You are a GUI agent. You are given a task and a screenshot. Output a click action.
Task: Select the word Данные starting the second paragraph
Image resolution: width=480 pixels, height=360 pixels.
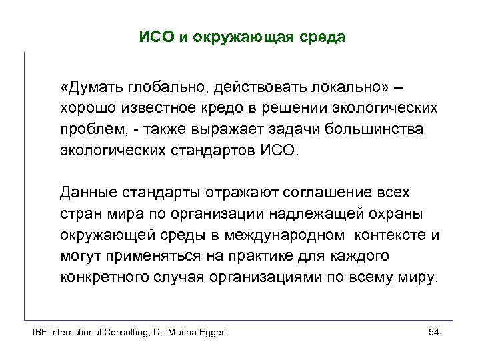tap(87, 193)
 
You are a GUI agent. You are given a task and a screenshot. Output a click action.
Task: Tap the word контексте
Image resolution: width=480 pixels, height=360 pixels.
tap(391, 235)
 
